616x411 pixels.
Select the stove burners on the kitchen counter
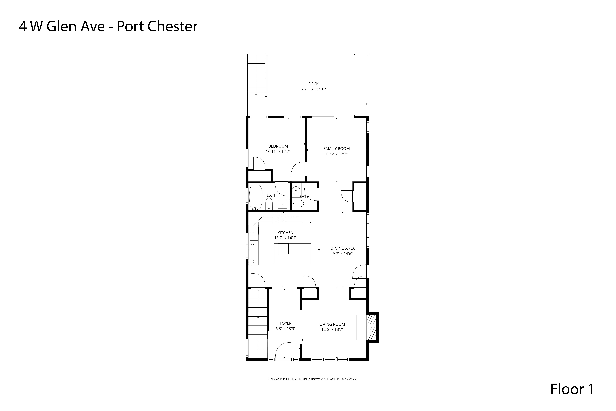280,218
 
